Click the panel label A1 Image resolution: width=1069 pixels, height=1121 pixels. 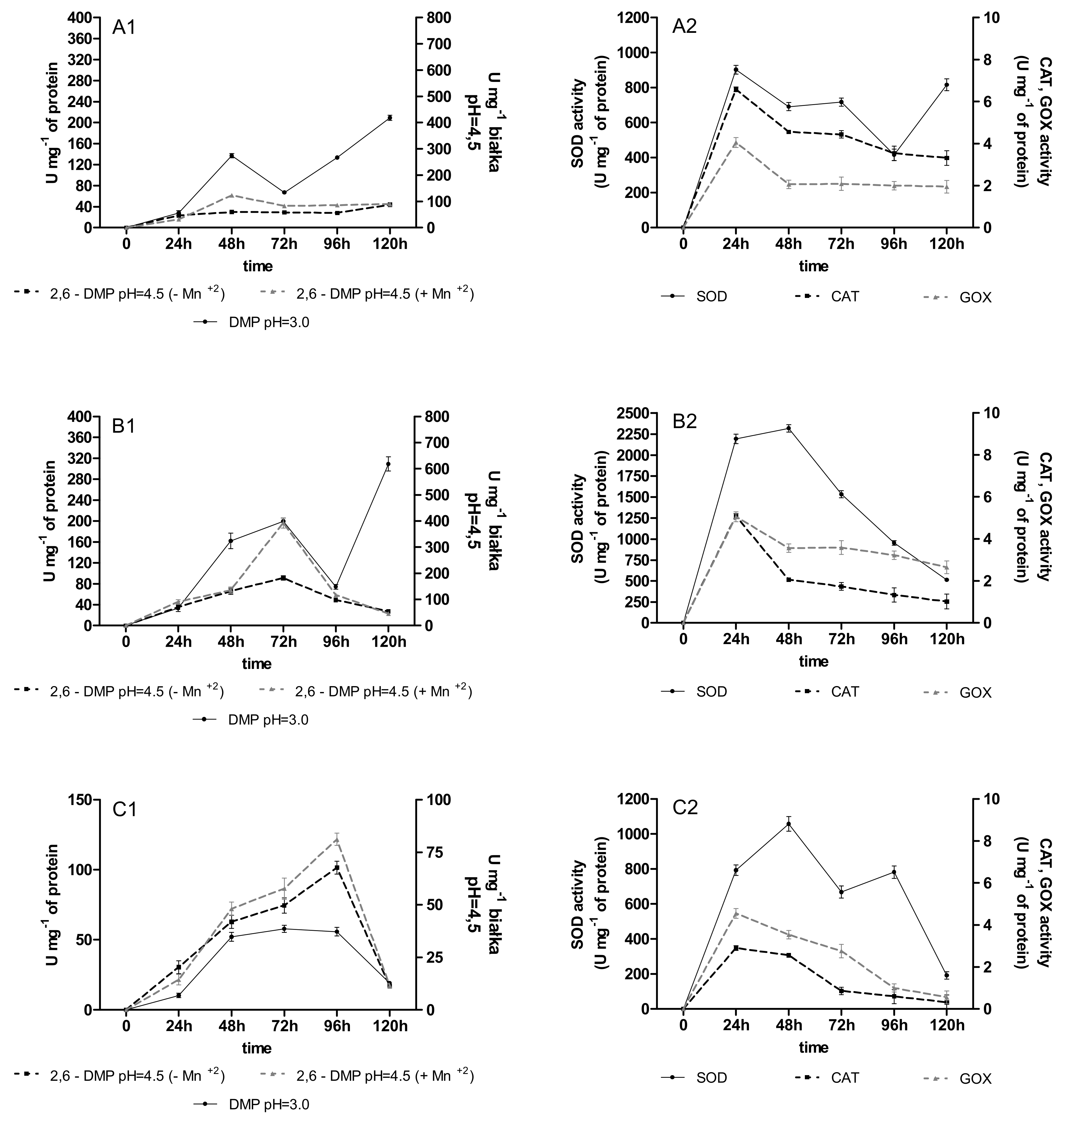(124, 27)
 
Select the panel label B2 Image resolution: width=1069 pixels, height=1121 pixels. (684, 422)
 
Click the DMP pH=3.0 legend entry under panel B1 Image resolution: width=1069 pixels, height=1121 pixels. (268, 720)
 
